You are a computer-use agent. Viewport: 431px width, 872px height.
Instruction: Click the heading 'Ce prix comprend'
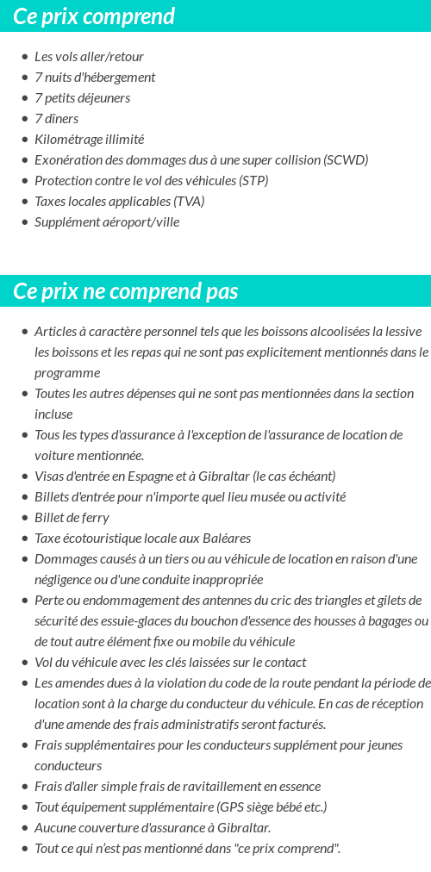94,16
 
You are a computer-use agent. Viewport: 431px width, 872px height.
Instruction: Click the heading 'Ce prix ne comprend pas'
126,291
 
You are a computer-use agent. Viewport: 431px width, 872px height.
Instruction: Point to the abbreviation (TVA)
189,202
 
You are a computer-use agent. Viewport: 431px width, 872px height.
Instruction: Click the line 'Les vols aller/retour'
89,57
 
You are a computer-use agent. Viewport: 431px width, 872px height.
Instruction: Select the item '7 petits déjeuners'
83,98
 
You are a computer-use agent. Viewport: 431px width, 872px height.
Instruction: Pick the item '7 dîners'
57,119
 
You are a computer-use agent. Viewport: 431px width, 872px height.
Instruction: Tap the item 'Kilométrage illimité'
89,140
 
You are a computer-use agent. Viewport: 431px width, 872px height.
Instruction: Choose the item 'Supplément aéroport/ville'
107,222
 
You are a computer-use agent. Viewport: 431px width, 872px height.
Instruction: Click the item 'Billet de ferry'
72,518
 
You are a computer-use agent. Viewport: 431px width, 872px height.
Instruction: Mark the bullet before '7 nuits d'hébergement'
25,78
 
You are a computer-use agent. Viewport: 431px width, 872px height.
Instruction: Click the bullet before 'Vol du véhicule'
25,663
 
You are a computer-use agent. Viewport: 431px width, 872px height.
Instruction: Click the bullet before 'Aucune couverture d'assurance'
25,828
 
